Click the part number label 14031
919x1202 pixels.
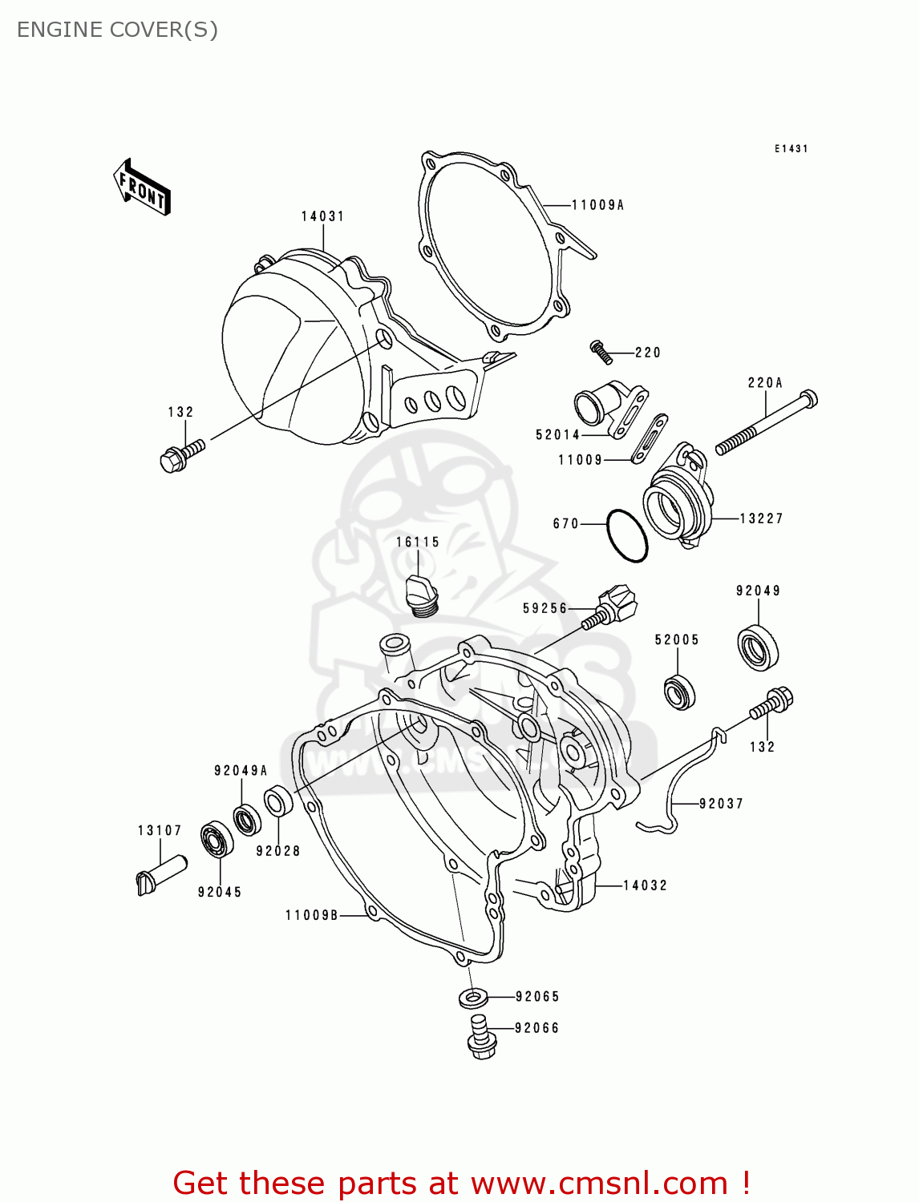click(322, 216)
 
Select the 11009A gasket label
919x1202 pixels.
click(597, 205)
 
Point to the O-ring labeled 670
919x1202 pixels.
click(626, 535)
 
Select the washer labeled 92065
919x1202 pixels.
click(473, 998)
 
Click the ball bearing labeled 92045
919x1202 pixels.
click(217, 840)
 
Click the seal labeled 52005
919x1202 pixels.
click(679, 692)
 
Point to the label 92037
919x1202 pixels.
click(721, 804)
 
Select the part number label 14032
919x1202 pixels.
click(645, 885)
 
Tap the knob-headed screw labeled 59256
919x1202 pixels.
click(614, 607)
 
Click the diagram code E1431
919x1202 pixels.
click(791, 149)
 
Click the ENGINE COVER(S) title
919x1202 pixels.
click(117, 30)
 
